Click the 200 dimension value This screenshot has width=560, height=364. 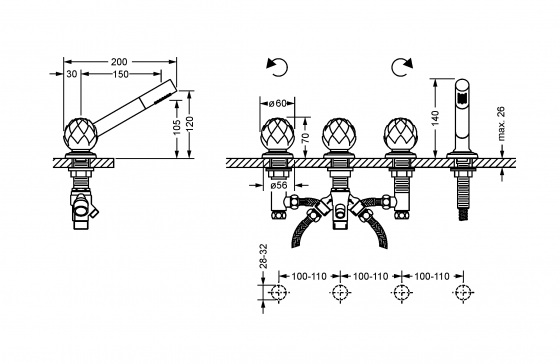[119, 62]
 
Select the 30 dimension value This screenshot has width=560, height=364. [71, 74]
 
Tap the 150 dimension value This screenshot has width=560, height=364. [120, 74]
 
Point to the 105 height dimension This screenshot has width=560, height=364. [176, 127]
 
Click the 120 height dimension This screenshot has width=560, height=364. [190, 124]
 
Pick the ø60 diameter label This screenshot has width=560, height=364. [278, 103]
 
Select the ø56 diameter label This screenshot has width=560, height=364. [279, 185]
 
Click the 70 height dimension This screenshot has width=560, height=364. [306, 136]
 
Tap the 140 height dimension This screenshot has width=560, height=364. [435, 118]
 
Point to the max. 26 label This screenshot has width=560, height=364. [501, 123]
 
